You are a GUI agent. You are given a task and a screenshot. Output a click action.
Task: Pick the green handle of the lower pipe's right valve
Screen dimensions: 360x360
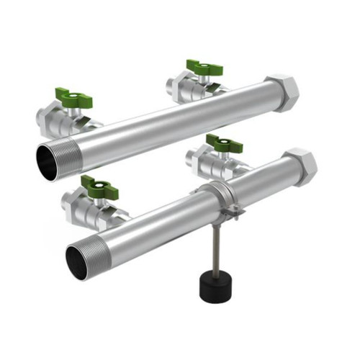[x=224, y=142]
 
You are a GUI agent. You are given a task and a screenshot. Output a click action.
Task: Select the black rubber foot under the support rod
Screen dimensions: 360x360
[x=214, y=285]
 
